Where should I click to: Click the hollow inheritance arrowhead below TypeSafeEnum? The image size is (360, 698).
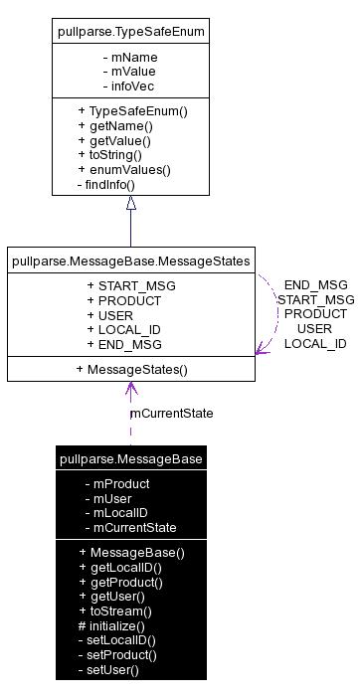[130, 204]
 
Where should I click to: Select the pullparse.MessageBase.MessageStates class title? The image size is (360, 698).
[130, 262]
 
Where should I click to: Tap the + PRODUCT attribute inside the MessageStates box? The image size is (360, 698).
[124, 301]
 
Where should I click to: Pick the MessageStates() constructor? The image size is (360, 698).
[131, 369]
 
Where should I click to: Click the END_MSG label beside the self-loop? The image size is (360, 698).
[315, 284]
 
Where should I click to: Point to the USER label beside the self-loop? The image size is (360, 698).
[315, 328]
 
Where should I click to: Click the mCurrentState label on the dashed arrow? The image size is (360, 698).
[171, 413]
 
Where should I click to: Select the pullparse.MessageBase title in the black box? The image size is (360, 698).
[131, 458]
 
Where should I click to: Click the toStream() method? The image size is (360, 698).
[115, 611]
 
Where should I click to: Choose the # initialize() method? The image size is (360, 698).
[111, 625]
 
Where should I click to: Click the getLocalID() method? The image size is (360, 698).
[119, 567]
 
